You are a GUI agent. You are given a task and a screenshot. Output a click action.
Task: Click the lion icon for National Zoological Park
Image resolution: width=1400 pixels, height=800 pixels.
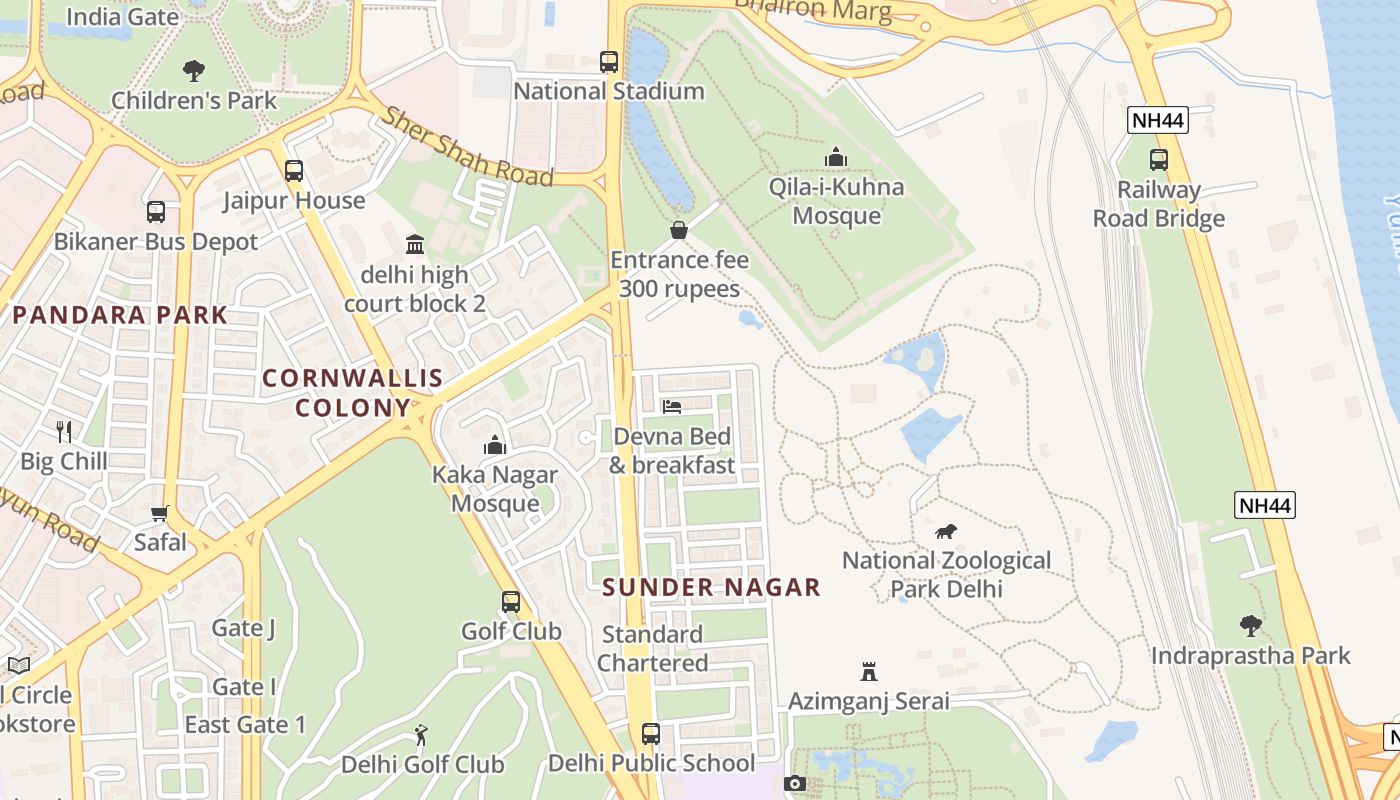(x=946, y=531)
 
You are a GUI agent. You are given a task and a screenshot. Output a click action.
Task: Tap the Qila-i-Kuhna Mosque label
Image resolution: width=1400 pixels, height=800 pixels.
(x=836, y=201)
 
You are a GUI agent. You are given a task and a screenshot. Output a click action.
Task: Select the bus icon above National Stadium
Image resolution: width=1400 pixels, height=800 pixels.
(x=609, y=61)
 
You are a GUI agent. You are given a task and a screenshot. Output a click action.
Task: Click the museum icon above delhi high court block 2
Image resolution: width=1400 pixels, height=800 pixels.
(x=415, y=244)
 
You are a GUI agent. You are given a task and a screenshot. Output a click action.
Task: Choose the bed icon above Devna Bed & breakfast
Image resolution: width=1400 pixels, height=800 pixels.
(x=672, y=407)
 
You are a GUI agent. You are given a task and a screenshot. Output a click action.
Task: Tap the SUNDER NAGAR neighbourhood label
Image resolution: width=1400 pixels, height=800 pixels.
(x=712, y=587)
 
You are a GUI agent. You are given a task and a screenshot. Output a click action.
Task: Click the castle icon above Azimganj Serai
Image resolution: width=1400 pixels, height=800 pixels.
(x=869, y=671)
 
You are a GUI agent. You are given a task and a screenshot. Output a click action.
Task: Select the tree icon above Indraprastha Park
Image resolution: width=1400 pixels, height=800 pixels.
(x=1250, y=626)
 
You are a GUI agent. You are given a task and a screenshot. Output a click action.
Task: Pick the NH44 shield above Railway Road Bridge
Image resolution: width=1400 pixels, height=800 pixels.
(x=1159, y=121)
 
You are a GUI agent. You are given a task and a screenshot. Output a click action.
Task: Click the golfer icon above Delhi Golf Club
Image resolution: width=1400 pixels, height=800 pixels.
(x=422, y=735)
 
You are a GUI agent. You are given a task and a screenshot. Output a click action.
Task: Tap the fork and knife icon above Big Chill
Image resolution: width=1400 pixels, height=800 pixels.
(x=64, y=431)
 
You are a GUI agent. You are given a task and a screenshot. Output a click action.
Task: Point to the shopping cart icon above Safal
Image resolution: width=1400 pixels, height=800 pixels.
(x=160, y=513)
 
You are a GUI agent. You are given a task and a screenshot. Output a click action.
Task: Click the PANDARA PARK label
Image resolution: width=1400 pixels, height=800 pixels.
(x=120, y=315)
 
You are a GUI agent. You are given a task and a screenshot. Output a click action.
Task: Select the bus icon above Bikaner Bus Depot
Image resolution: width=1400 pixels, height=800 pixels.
(x=156, y=212)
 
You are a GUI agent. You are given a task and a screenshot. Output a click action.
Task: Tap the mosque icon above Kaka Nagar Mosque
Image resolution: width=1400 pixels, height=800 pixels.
(x=494, y=445)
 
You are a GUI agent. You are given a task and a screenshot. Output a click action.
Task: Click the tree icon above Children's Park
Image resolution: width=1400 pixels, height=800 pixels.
(x=194, y=70)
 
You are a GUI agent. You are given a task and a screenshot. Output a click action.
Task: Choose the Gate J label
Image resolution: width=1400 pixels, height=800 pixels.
(x=243, y=628)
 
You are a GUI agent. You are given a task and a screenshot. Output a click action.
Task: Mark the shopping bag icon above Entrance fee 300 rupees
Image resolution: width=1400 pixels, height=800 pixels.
(x=679, y=230)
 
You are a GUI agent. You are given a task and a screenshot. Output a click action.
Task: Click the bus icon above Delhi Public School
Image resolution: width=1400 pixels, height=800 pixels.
(x=651, y=733)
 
